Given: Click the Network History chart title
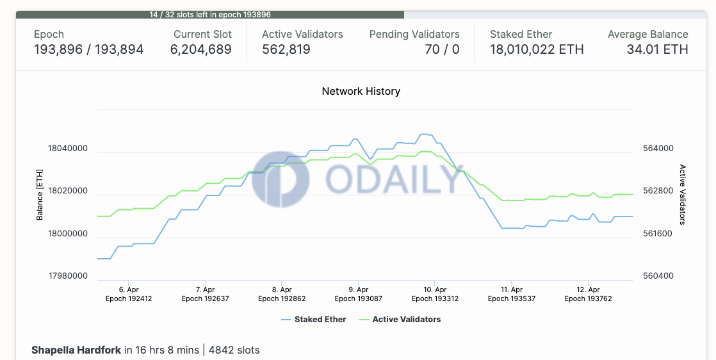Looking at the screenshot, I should (361, 91).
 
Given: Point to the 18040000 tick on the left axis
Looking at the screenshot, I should (68, 149).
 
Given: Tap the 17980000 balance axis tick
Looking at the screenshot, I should (68, 276).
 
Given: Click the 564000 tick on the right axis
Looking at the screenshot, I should (658, 149).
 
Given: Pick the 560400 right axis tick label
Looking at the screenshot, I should (658, 276).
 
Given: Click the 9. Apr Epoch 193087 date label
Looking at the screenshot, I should (358, 294).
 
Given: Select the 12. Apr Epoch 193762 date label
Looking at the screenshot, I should (588, 294).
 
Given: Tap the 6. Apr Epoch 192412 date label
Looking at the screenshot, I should (129, 294).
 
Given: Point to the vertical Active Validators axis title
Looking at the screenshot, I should (683, 195).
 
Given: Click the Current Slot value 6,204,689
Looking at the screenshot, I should (201, 49).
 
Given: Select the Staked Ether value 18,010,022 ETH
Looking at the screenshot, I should (537, 49).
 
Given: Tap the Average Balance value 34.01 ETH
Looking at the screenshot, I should (657, 49).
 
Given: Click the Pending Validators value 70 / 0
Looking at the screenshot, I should (442, 49).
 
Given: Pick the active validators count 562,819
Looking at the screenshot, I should (286, 49).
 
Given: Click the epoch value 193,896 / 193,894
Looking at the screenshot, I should (88, 49).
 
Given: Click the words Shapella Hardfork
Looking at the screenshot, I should (76, 350).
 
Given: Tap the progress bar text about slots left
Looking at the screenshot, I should (210, 14).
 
